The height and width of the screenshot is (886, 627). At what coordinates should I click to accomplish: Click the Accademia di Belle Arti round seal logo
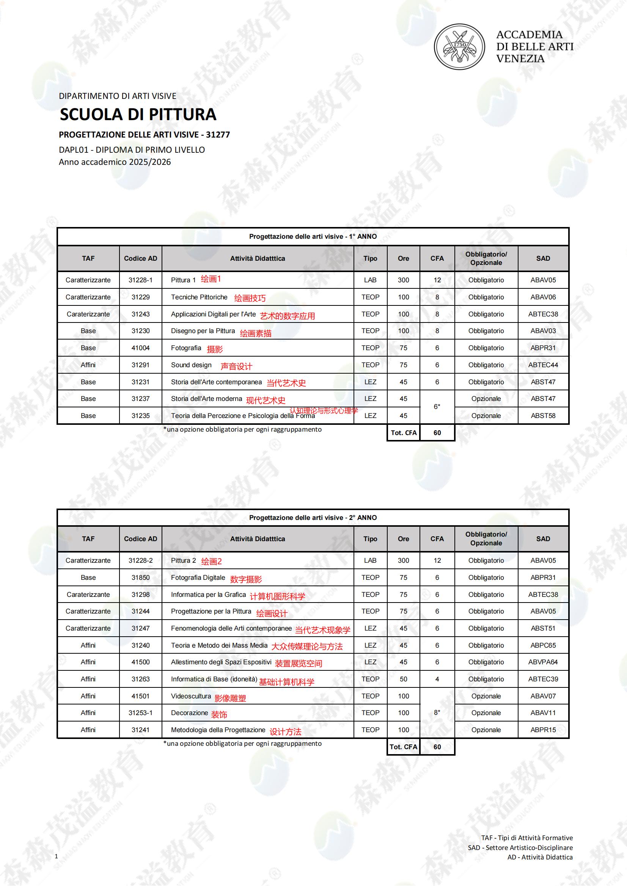pyautogui.click(x=459, y=47)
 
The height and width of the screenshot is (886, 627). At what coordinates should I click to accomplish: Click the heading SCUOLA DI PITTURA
pyautogui.click(x=138, y=114)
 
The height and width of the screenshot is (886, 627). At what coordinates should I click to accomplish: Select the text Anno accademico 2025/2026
pyautogui.click(x=115, y=162)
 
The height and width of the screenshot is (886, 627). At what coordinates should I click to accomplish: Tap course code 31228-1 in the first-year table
pyautogui.click(x=140, y=280)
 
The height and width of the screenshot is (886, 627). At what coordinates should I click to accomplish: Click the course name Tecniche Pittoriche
pyautogui.click(x=199, y=297)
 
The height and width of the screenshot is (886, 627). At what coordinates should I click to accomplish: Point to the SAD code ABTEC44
pyautogui.click(x=543, y=365)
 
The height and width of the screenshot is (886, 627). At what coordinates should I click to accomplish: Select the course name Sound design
pyautogui.click(x=191, y=365)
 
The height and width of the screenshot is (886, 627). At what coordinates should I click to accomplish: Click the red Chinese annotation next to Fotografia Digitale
pyautogui.click(x=246, y=579)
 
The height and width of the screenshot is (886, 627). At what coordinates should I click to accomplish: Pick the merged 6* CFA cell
pyautogui.click(x=437, y=407)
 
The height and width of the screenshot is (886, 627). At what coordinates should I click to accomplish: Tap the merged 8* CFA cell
pyautogui.click(x=437, y=713)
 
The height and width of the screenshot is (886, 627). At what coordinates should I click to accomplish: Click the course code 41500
pyautogui.click(x=140, y=662)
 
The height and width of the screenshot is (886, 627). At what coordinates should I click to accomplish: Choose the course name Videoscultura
pyautogui.click(x=191, y=696)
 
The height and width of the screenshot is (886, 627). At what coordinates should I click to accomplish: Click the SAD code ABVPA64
pyautogui.click(x=543, y=662)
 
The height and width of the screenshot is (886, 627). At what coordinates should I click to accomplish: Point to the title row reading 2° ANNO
pyautogui.click(x=313, y=518)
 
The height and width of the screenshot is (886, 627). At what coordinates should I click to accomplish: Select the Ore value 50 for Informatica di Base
pyautogui.click(x=403, y=679)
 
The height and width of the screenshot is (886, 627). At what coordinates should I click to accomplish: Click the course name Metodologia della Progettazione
pyautogui.click(x=218, y=730)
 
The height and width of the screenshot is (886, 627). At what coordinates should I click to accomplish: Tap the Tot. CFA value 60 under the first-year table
pyautogui.click(x=437, y=433)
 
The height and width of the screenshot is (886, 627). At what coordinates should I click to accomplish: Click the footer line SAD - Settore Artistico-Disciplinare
pyautogui.click(x=520, y=848)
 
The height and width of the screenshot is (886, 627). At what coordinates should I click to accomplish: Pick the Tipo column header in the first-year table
pyautogui.click(x=370, y=258)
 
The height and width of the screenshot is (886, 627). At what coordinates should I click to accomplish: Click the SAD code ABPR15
pyautogui.click(x=543, y=730)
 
